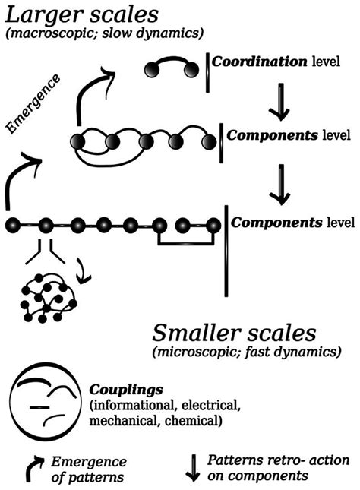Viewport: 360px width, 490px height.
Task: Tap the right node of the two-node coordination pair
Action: click(195, 71)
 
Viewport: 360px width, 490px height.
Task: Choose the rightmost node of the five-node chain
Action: click(205, 141)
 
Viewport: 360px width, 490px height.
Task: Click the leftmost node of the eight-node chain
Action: click(12, 225)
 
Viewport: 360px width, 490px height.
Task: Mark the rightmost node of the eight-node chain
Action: click(213, 225)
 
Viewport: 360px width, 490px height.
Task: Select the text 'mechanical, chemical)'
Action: click(155, 419)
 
